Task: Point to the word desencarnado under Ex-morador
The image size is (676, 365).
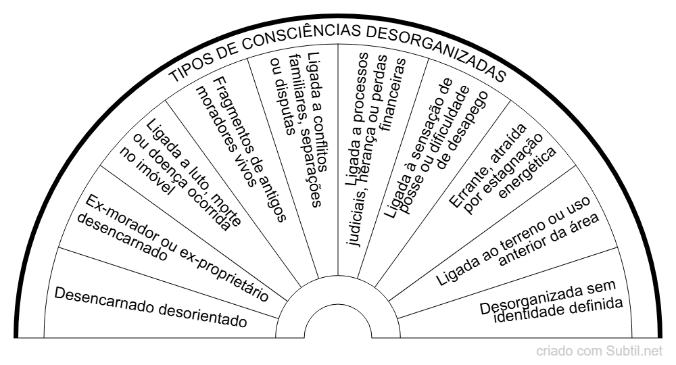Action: (122, 239)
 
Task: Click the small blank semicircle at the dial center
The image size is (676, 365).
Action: (338, 325)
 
